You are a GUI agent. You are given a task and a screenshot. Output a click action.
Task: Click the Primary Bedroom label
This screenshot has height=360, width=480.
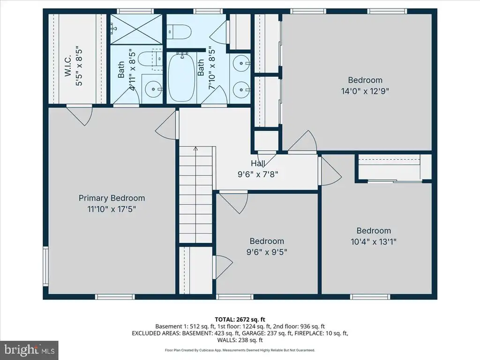112,198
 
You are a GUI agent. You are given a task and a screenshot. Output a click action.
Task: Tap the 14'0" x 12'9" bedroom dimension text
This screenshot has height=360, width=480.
365,91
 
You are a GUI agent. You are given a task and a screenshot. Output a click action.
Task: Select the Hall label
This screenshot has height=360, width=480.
258,163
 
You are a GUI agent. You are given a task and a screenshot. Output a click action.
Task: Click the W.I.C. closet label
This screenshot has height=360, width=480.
68,66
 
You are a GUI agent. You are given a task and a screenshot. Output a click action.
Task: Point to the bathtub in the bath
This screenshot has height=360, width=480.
181,78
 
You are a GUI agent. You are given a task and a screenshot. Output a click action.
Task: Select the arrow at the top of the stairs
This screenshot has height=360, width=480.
196,149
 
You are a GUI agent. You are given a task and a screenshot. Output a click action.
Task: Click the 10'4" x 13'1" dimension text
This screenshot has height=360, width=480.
374,242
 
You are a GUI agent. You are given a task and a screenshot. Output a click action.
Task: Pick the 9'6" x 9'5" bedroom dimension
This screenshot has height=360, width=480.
267,252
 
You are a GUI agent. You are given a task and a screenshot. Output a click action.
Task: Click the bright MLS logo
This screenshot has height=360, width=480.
29,349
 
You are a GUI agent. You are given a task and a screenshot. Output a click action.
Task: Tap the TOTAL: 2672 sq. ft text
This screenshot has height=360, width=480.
240,320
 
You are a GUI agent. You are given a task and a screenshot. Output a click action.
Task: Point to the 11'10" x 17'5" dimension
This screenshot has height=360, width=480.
112,210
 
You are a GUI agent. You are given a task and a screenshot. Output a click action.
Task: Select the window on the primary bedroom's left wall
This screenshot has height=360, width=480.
45,266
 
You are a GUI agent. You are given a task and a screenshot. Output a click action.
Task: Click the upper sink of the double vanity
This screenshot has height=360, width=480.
241,63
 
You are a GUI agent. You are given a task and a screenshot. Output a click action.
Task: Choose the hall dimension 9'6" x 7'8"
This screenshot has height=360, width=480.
258,174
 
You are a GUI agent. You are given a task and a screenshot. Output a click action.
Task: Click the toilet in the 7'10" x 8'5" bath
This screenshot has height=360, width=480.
180,31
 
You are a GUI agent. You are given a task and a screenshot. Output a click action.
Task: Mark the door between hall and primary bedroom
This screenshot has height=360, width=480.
166,126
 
